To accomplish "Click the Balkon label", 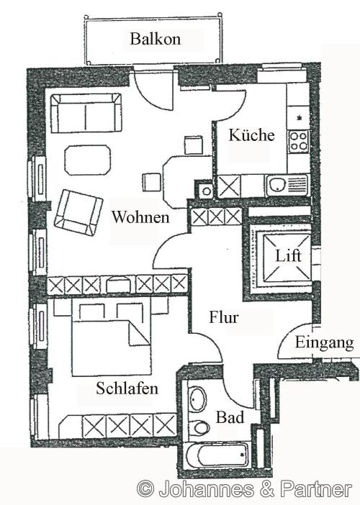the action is pyautogui.click(x=156, y=39).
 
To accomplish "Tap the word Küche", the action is pyautogui.click(x=252, y=135).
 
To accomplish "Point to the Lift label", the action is pyautogui.click(x=288, y=255).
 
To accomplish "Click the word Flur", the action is pyautogui.click(x=224, y=317).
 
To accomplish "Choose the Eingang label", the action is pyautogui.click(x=324, y=343).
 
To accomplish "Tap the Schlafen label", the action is pyautogui.click(x=127, y=388).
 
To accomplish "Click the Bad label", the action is pyautogui.click(x=230, y=417).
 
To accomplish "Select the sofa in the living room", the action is pyautogui.click(x=86, y=113).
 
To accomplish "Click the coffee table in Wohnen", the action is pyautogui.click(x=88, y=160).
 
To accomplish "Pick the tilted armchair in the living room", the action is pyautogui.click(x=78, y=212).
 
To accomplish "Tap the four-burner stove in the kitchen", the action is pyautogui.click(x=299, y=142).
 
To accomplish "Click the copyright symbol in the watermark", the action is pyautogui.click(x=145, y=489).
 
